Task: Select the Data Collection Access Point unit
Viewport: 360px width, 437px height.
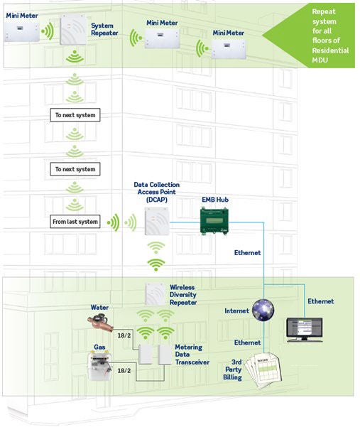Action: [x=156, y=224]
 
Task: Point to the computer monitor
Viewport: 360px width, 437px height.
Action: [x=304, y=328]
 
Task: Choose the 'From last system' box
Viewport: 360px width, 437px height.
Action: [x=75, y=222]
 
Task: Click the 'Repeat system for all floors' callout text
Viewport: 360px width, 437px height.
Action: [x=327, y=37]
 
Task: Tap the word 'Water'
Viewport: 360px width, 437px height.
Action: [x=100, y=308]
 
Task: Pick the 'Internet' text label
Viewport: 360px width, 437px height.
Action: [x=236, y=311]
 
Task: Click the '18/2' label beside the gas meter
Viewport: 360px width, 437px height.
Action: [x=124, y=371]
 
